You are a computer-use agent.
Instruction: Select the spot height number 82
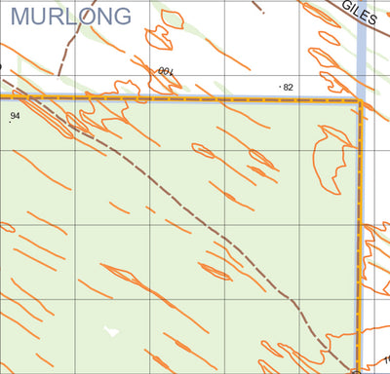289,88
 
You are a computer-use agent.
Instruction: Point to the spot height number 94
15,116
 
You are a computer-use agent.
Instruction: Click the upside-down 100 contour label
164,71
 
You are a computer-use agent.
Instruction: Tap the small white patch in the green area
111,331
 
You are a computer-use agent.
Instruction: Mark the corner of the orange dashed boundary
360,99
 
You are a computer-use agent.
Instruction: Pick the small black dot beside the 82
280,87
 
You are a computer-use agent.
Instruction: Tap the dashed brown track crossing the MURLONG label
67,39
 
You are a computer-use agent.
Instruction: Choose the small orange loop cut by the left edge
5,227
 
